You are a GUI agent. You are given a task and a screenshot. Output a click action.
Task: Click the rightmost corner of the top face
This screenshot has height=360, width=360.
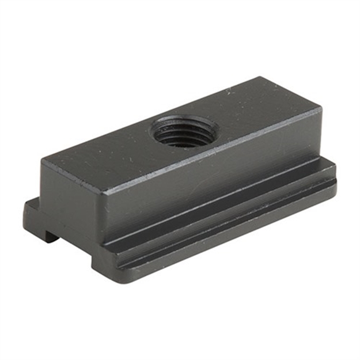[321, 109]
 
